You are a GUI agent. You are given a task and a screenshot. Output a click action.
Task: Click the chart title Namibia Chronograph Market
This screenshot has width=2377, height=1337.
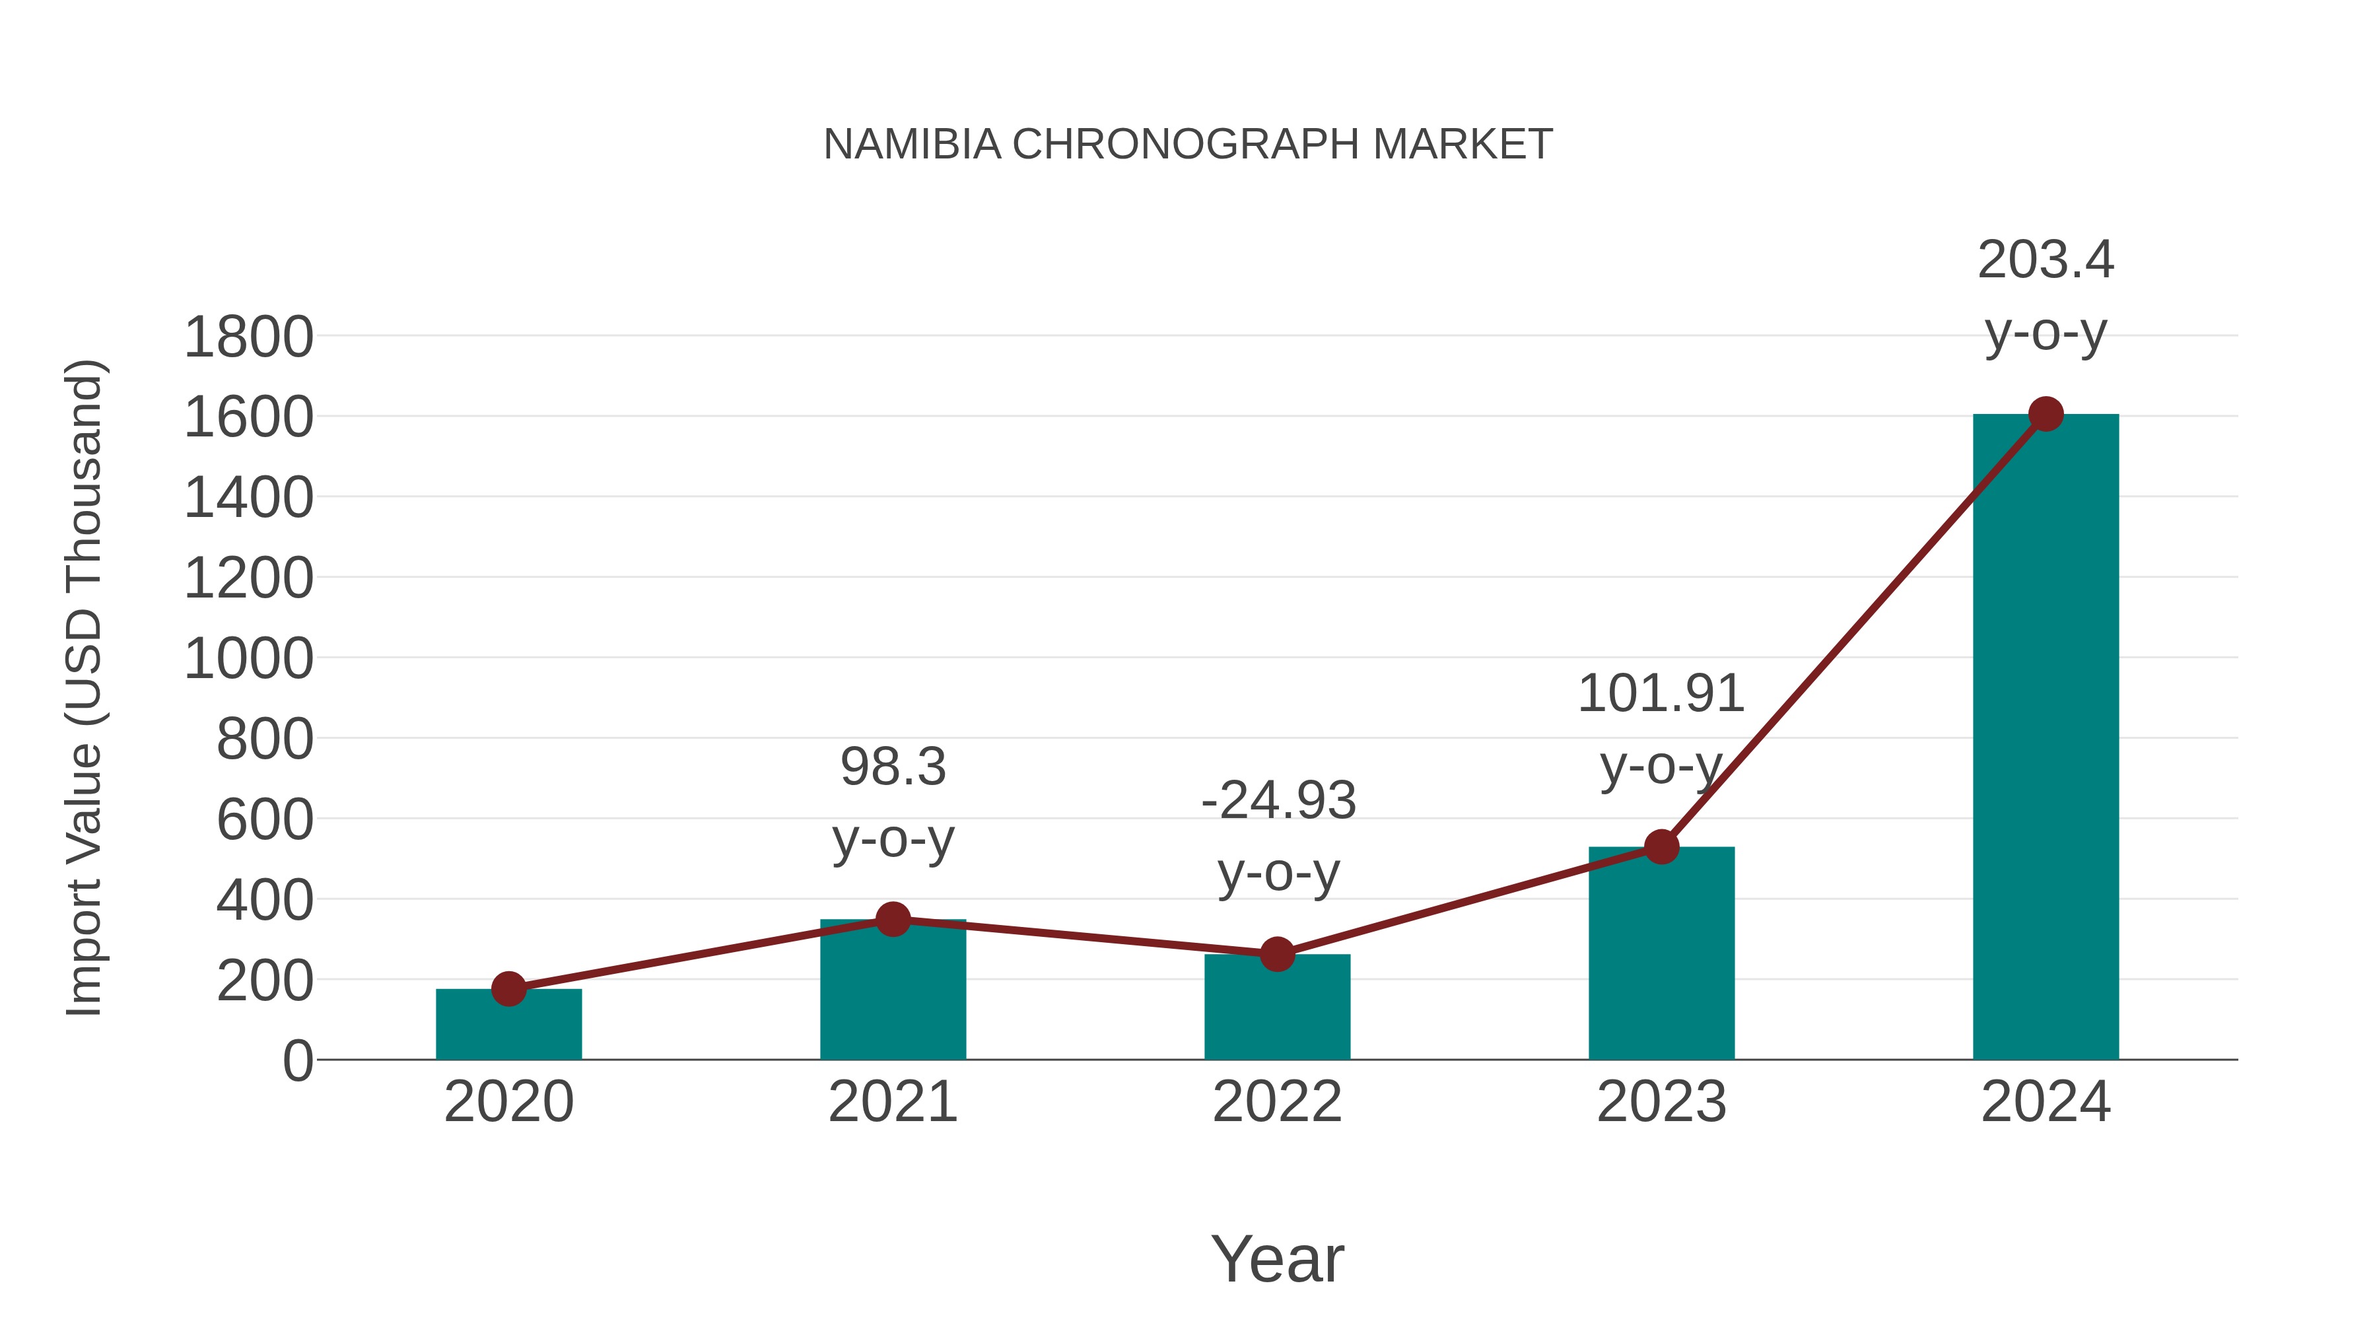click(x=1188, y=145)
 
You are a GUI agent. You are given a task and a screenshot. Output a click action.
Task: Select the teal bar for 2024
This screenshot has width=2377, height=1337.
click(x=2045, y=738)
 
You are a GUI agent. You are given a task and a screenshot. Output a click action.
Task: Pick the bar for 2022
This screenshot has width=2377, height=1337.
click(x=1276, y=1008)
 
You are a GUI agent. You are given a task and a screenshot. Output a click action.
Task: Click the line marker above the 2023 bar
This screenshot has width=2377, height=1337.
click(x=1661, y=846)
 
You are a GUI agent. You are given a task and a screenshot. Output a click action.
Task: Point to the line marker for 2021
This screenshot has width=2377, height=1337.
click(x=892, y=919)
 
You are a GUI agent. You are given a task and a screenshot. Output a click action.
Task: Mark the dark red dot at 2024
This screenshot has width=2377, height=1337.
click(x=2046, y=414)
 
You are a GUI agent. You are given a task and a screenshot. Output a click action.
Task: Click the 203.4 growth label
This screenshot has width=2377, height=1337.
click(x=2045, y=260)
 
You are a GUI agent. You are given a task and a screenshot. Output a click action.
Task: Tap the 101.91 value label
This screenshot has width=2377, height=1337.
click(x=1661, y=694)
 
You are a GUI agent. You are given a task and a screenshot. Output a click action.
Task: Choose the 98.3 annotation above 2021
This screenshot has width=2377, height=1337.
click(x=892, y=768)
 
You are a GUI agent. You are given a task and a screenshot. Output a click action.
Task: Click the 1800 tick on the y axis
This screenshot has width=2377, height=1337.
click(x=248, y=337)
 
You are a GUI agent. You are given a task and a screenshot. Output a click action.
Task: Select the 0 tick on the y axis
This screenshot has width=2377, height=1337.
click(x=297, y=1060)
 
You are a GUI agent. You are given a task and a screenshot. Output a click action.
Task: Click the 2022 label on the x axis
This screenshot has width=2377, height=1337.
click(x=1276, y=1102)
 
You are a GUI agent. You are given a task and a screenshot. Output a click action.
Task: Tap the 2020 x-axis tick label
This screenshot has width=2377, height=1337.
click(x=508, y=1102)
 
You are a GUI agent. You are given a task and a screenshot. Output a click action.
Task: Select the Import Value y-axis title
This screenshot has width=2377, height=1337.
click(x=83, y=687)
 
